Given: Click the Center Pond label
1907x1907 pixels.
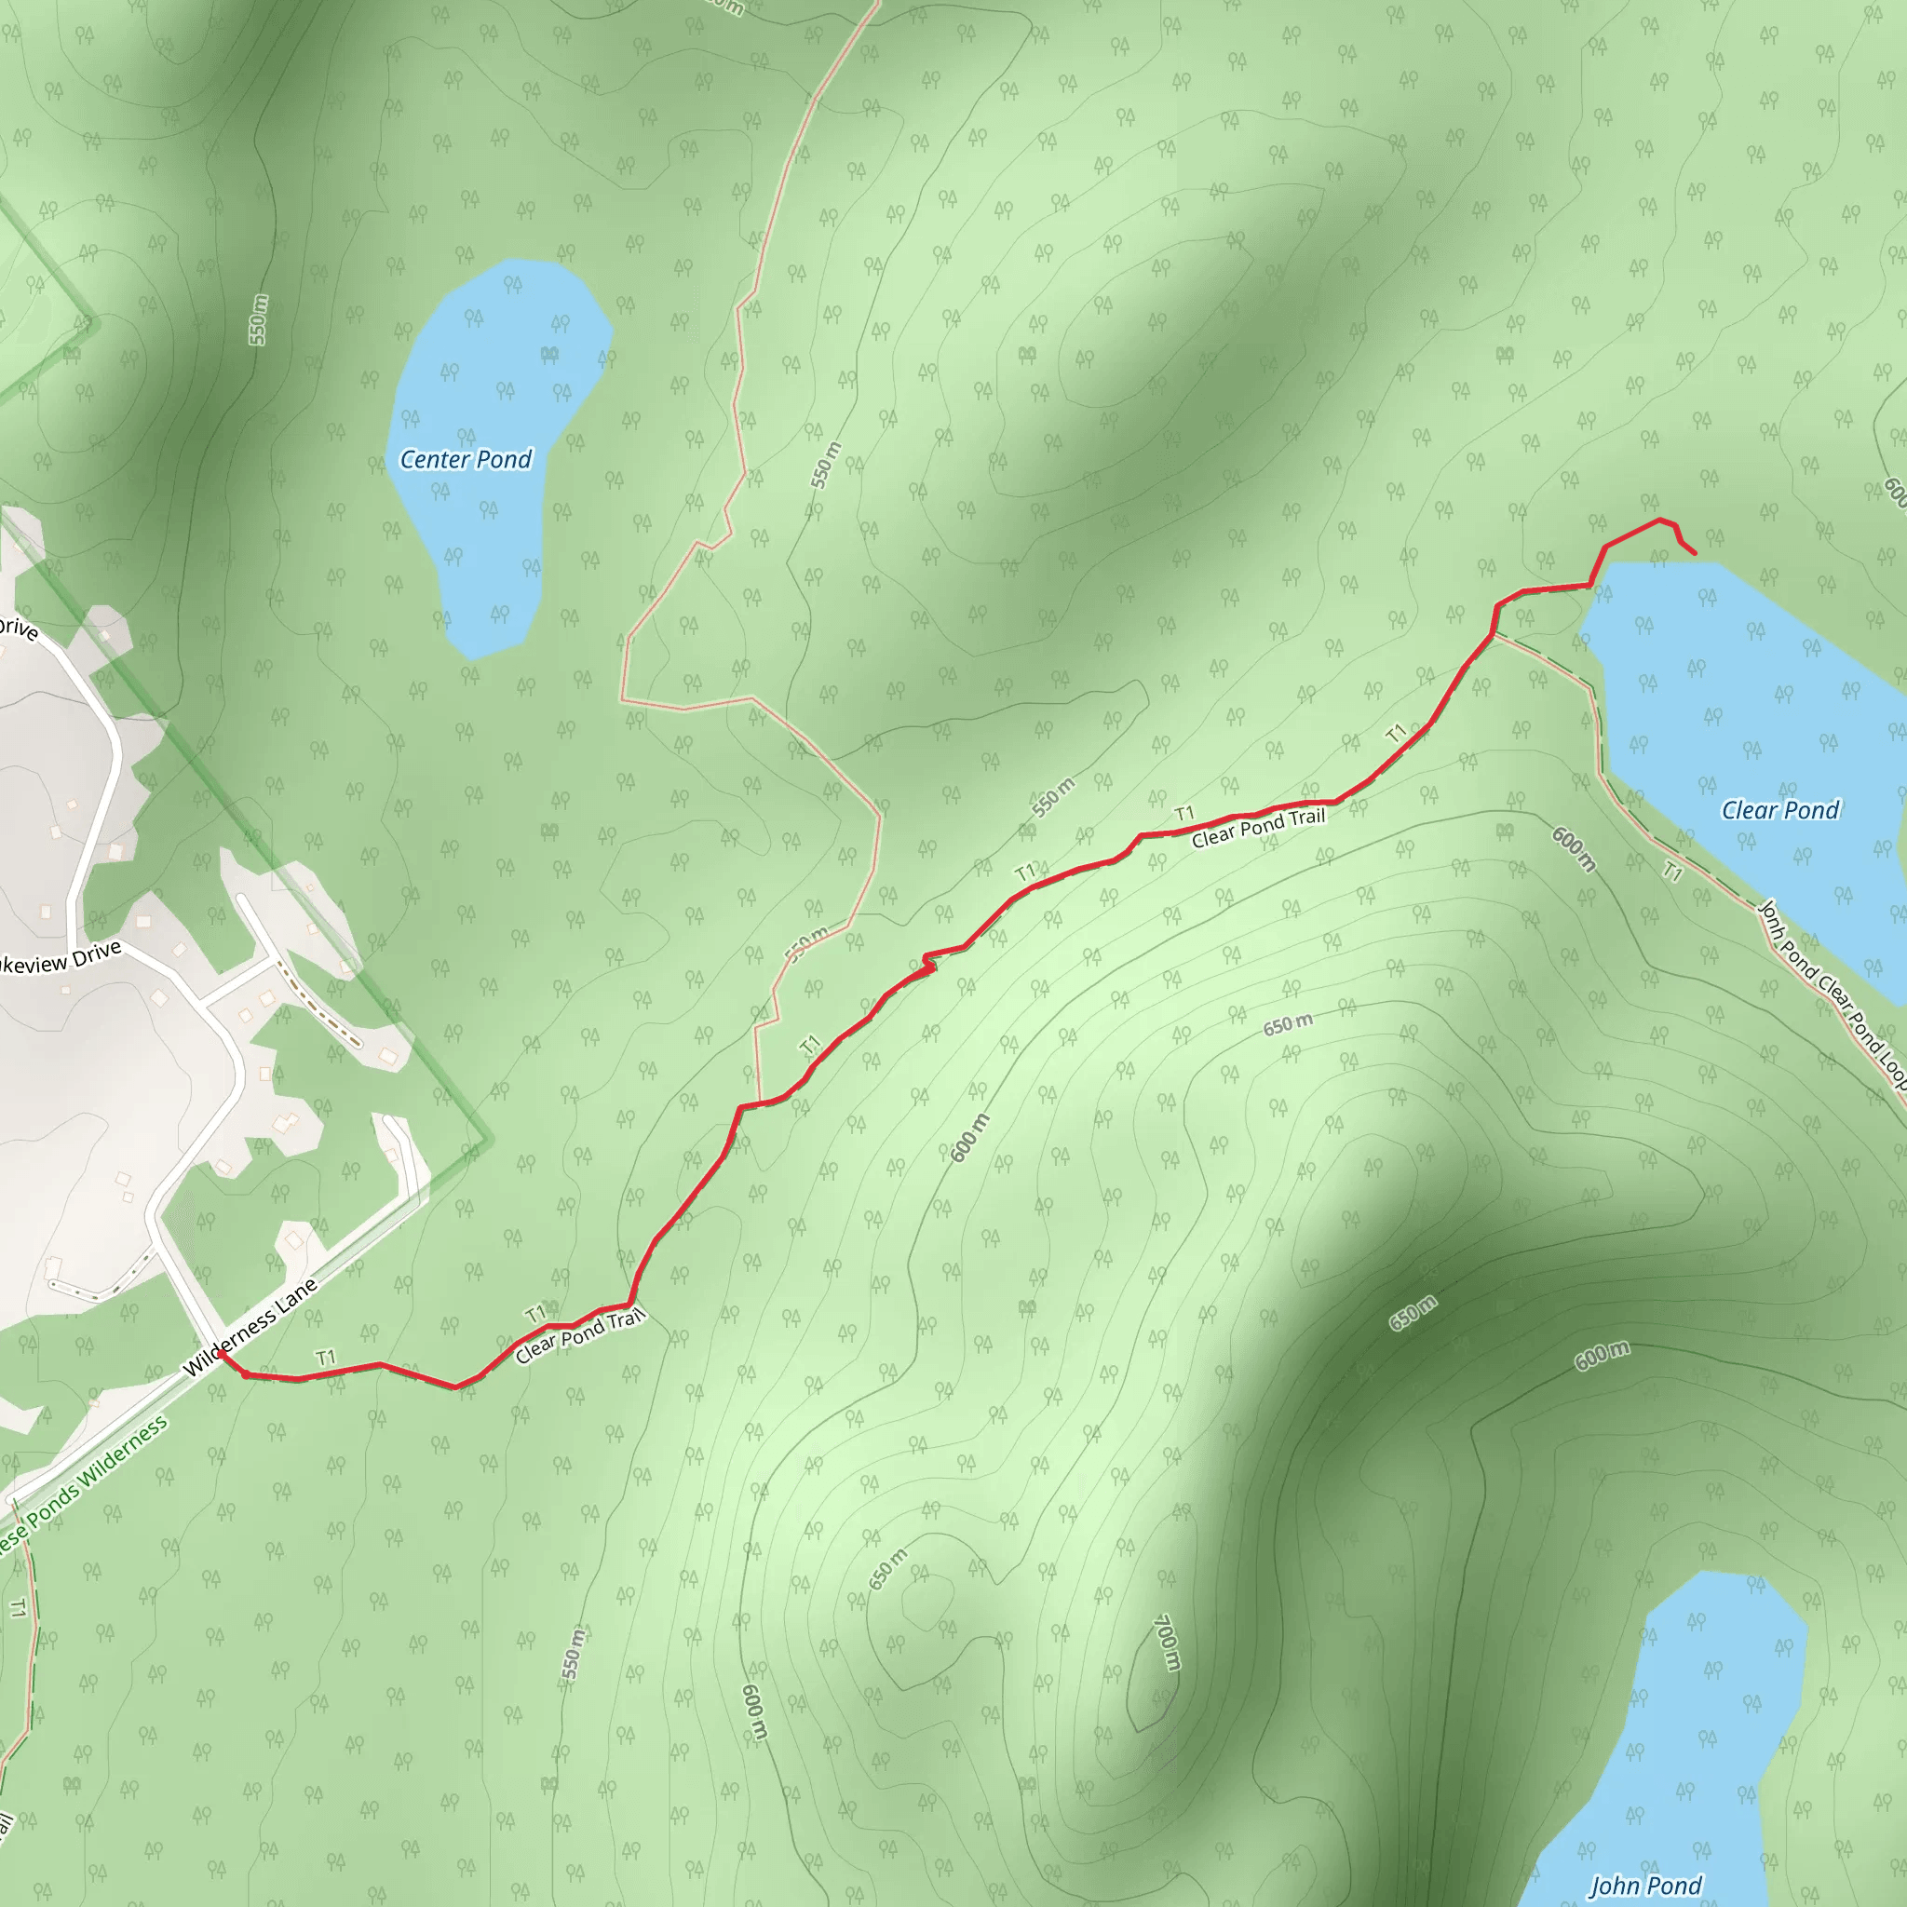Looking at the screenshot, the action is (x=465, y=460).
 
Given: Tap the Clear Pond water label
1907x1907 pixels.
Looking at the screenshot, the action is (x=1779, y=810).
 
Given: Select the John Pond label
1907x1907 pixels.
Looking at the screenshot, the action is (x=1645, y=1887).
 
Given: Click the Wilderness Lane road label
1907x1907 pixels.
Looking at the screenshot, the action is (x=250, y=1328).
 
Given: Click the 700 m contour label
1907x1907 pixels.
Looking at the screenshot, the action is (x=1167, y=1643).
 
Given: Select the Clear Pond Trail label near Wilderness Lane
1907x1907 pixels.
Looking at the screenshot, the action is (x=579, y=1335).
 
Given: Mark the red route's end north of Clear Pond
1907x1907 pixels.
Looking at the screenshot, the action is (x=1695, y=553).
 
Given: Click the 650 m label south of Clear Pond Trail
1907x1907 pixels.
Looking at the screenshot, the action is (x=1288, y=1024).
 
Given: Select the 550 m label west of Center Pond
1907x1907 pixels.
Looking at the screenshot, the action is (x=258, y=319).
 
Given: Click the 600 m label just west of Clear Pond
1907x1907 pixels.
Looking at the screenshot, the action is (x=1574, y=849).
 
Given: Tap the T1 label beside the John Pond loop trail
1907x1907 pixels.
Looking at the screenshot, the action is (x=1672, y=872).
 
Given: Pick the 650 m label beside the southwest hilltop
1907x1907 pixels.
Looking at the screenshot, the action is (x=887, y=1569).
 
